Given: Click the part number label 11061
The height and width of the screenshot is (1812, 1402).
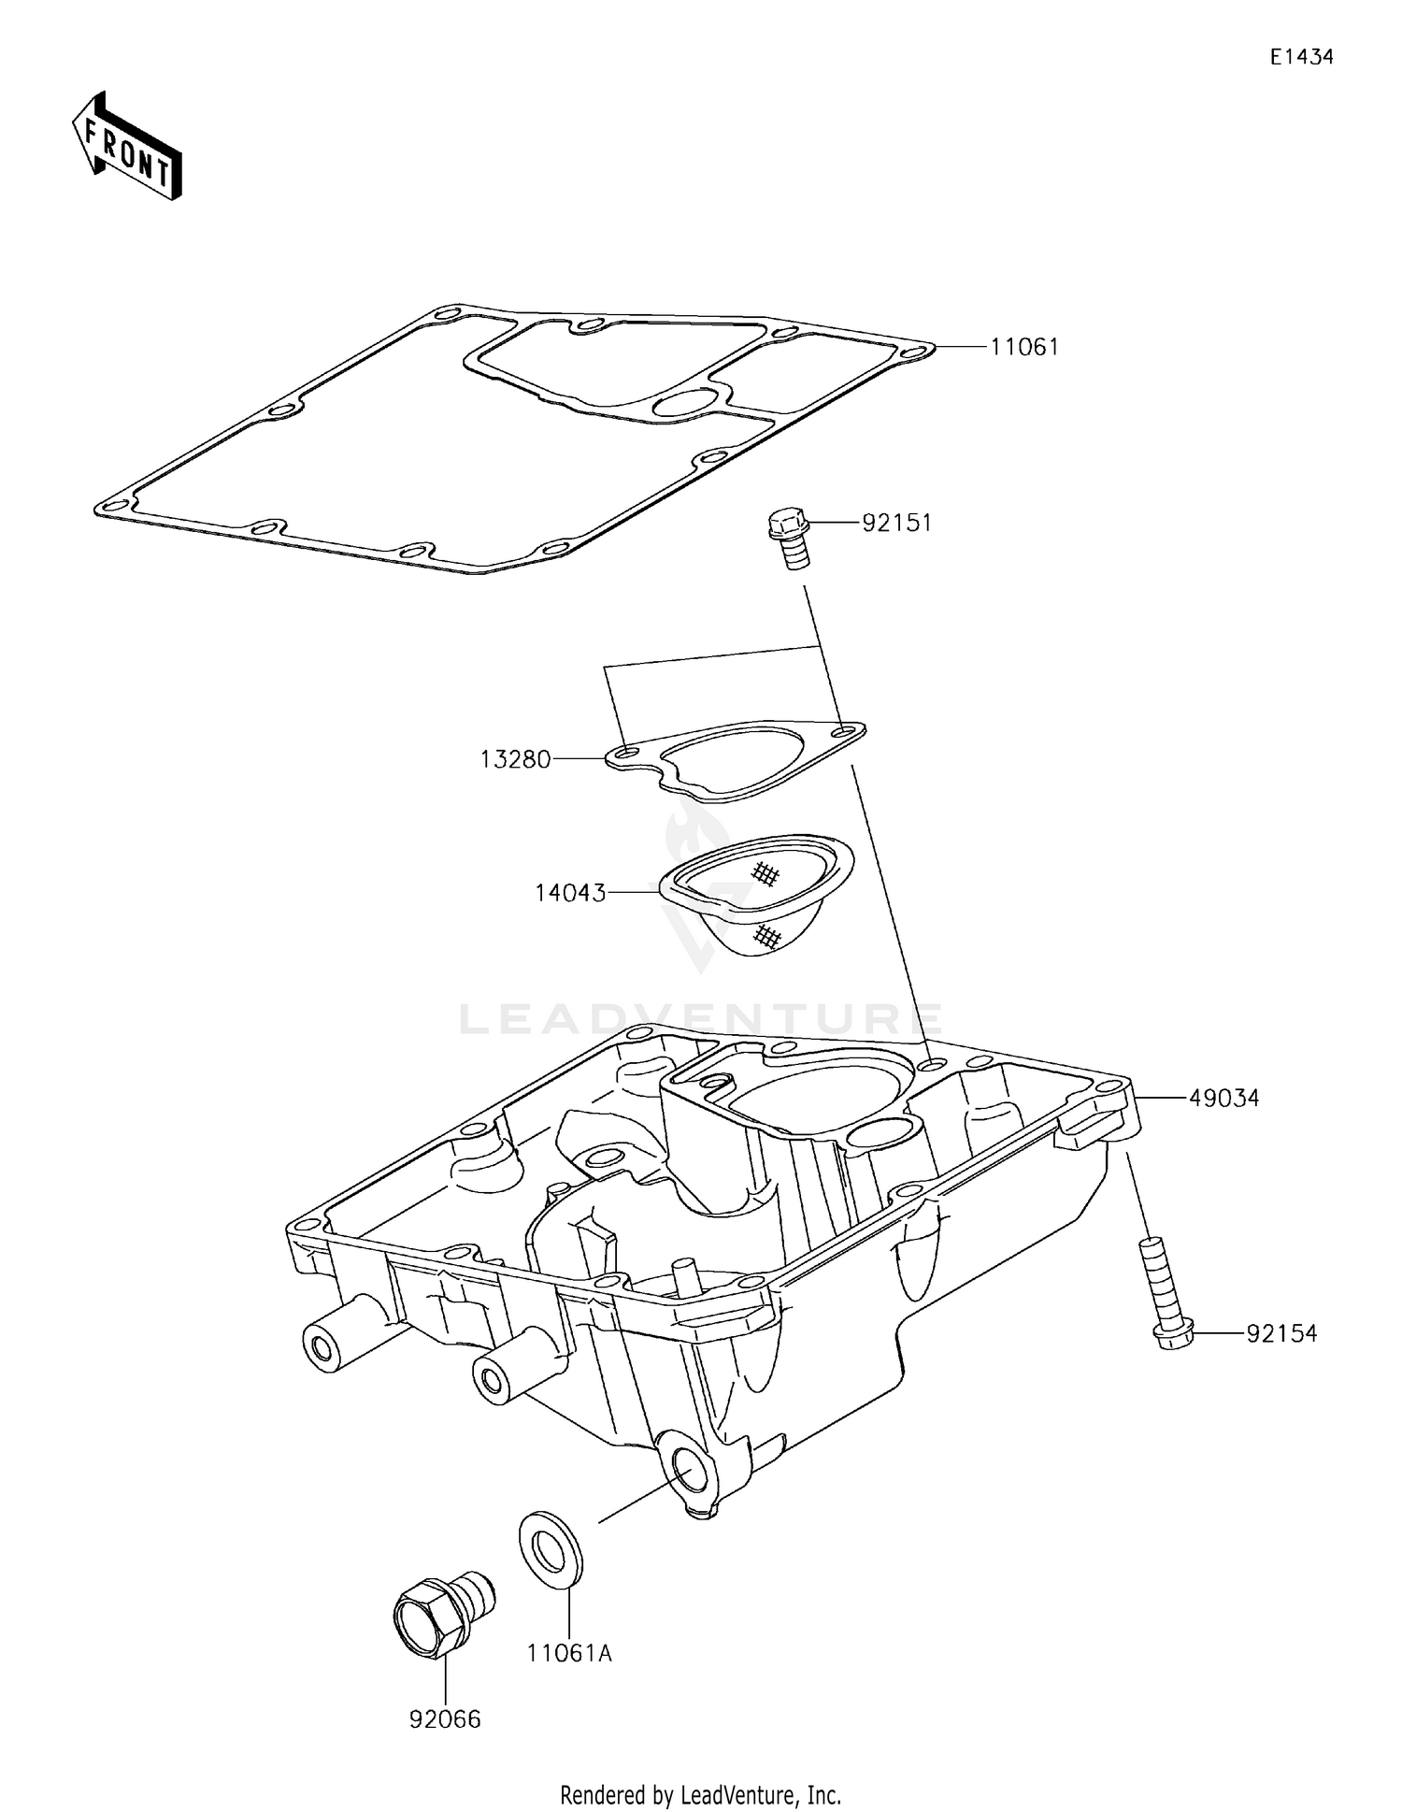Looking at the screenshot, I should tap(1024, 347).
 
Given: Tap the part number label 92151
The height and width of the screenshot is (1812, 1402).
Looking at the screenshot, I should tap(896, 523).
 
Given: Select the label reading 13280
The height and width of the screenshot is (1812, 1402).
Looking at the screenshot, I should tap(515, 759).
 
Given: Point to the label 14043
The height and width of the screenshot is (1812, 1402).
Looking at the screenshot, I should tap(570, 893).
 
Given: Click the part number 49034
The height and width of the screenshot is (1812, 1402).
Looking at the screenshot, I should tap(1223, 1099).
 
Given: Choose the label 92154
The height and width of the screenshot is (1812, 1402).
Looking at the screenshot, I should tap(1280, 1334).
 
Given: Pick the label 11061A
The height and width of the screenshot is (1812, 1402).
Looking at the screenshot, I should tap(568, 1653).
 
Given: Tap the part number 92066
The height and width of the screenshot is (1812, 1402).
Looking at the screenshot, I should tap(445, 1719).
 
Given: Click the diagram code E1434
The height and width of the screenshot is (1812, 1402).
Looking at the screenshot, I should tap(1301, 57).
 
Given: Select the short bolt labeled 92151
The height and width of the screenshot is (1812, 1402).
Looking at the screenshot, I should tap(788, 537).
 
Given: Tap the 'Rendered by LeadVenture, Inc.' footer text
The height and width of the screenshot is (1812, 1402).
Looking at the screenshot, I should tap(700, 1795).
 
